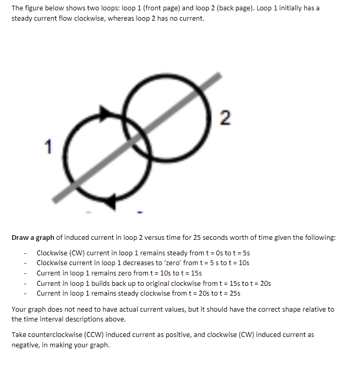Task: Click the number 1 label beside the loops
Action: [48, 147]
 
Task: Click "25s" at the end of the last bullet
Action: [234, 293]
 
